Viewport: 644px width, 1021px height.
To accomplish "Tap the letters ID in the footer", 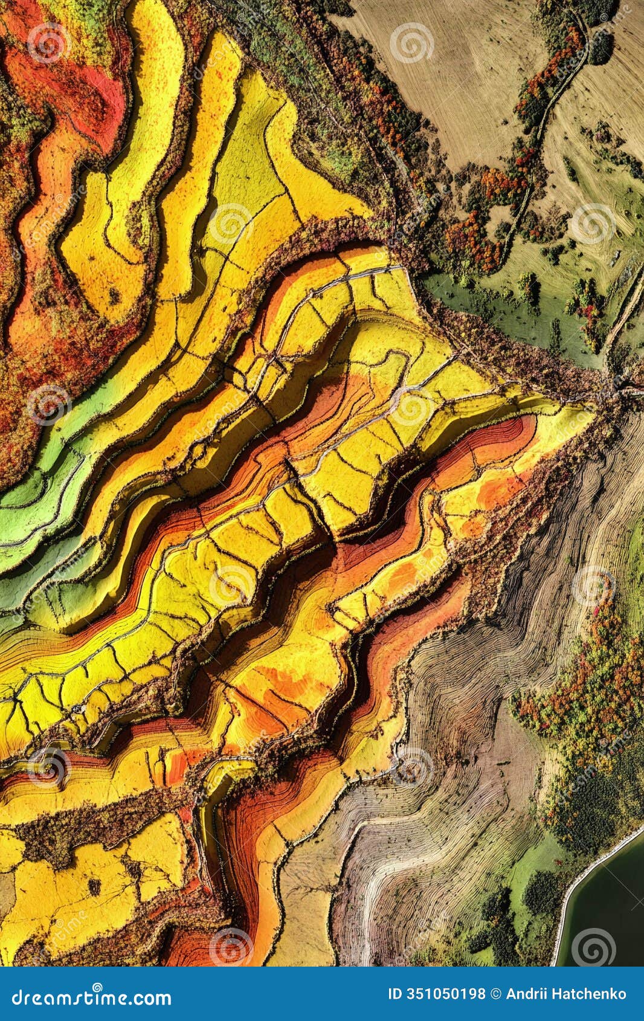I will (x=394, y=994).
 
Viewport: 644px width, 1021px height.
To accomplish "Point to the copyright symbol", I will (x=497, y=994).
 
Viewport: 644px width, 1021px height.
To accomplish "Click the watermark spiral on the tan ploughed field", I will (x=411, y=43).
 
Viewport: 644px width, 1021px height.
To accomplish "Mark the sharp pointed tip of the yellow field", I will (x=589, y=411).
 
